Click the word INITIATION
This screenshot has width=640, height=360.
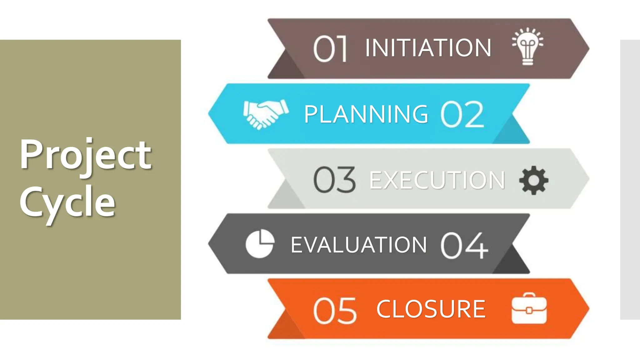tap(428, 48)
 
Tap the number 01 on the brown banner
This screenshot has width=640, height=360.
tap(330, 49)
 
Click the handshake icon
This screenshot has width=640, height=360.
tap(266, 114)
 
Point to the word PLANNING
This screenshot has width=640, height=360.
tap(366, 114)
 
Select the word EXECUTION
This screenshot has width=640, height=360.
tap(437, 180)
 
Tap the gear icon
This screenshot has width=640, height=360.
tap(533, 180)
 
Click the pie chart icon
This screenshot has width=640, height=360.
tap(260, 244)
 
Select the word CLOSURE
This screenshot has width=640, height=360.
tap(431, 309)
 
